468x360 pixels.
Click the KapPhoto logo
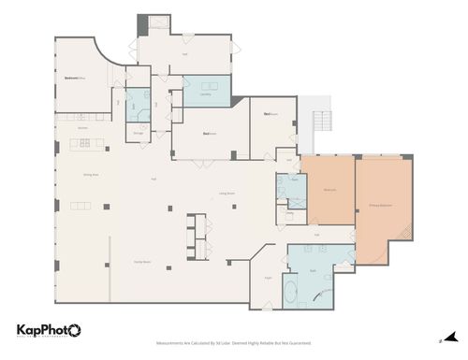48,329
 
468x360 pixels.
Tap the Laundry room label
203,94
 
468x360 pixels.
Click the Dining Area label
92,174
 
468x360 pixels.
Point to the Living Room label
227,193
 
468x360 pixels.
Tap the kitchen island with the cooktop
84,144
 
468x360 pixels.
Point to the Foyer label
268,278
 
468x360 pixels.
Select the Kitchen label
81,127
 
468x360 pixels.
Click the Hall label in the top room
185,53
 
